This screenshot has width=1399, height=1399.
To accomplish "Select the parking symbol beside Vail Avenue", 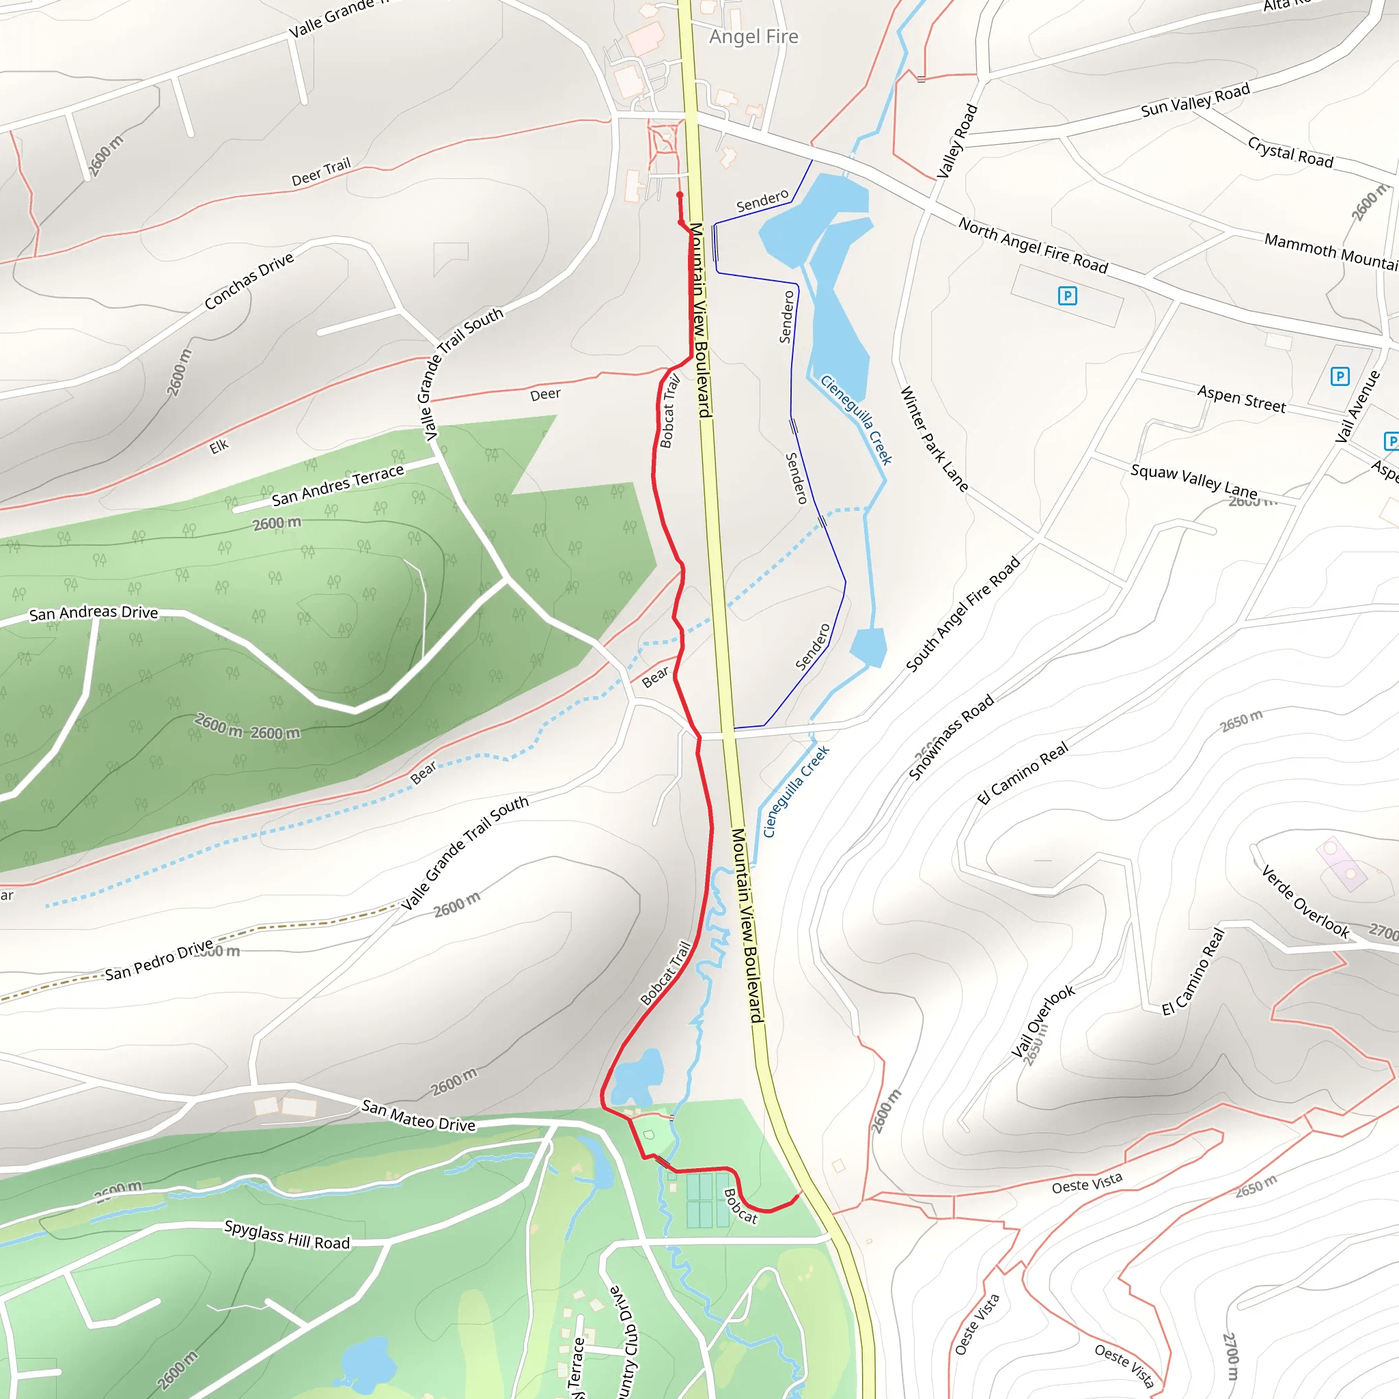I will (x=1340, y=376).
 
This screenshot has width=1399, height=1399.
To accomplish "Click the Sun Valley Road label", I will (x=1195, y=100).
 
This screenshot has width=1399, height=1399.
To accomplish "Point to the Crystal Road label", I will (x=1290, y=152).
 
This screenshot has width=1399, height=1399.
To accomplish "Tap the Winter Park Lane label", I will (x=933, y=439).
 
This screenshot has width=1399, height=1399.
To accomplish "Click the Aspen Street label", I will (x=1241, y=399).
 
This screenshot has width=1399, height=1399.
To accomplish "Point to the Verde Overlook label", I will (x=1305, y=902).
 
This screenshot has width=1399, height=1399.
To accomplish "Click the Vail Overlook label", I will (x=1042, y=1022).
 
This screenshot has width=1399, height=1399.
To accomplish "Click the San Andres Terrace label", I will (x=337, y=485).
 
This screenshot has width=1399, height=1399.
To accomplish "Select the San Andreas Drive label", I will (x=94, y=613).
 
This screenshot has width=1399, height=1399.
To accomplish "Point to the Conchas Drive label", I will (x=249, y=280).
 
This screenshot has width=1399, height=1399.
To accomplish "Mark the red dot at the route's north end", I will (x=679, y=195).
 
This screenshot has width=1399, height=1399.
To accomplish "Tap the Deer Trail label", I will (x=321, y=171).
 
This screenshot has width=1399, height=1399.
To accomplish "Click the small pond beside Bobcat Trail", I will (x=637, y=1076).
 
